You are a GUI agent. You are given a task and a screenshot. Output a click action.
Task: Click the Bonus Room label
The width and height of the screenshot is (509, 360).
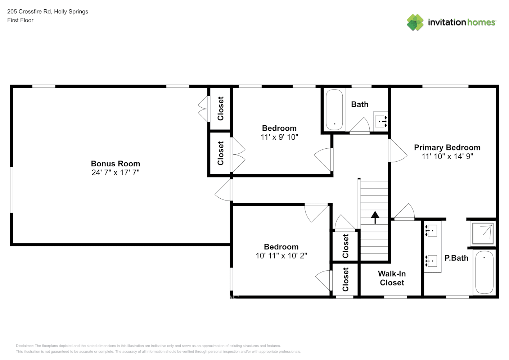[x=115, y=164]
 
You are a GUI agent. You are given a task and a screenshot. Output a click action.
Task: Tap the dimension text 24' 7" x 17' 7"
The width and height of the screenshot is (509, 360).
[x=115, y=173]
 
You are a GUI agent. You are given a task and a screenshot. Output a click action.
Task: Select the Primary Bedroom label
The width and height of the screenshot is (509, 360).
[x=447, y=148]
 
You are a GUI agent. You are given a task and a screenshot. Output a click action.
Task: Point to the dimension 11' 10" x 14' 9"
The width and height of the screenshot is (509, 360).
[x=447, y=156]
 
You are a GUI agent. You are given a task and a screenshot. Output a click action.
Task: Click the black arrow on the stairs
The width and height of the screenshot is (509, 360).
[x=375, y=217]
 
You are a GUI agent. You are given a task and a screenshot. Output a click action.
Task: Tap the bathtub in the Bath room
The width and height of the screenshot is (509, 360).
[x=334, y=110]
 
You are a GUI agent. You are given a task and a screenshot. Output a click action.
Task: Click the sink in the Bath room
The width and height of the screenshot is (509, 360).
[x=380, y=121]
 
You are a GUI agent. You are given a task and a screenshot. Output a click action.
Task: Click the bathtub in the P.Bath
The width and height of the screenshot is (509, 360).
[x=484, y=272]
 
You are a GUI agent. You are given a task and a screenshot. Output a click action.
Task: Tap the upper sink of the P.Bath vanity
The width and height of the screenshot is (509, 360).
[x=431, y=230]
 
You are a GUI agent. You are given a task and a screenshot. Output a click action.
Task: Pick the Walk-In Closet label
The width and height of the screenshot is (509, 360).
[x=392, y=278]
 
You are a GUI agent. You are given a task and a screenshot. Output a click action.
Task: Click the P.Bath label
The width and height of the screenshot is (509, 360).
[x=456, y=258]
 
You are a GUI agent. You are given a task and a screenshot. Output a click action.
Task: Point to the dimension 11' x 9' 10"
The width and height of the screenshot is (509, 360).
[x=279, y=137]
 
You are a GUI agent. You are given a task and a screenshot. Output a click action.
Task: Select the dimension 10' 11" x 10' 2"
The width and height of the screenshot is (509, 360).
[x=281, y=256]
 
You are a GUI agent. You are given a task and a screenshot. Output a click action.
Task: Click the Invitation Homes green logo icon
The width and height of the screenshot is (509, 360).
[x=415, y=22]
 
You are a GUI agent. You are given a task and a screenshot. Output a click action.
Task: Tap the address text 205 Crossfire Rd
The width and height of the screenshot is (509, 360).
[x=29, y=12]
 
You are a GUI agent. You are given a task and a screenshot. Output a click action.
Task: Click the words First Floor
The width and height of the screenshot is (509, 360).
[x=20, y=21]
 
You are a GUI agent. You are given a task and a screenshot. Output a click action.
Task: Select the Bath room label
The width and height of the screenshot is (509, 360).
[x=360, y=104]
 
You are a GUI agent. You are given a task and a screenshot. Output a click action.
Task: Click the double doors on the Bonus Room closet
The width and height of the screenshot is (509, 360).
[x=203, y=109]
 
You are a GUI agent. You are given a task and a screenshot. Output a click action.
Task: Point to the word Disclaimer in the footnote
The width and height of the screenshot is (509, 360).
[x=24, y=346]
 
